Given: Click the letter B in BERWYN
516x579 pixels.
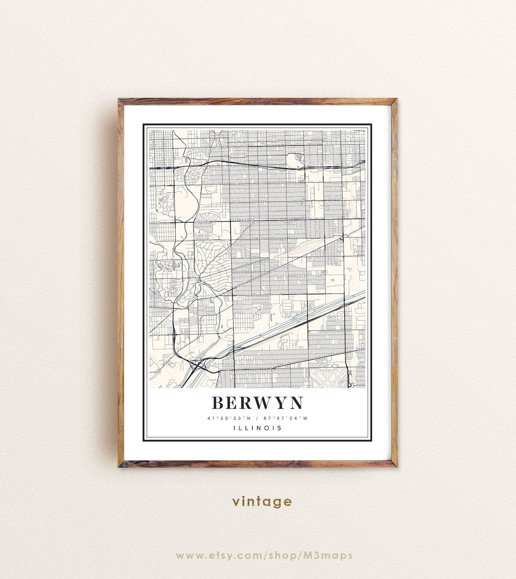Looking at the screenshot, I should [219, 403].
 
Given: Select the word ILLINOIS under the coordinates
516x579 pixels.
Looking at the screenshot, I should [258, 428].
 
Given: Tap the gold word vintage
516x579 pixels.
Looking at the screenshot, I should [262, 502].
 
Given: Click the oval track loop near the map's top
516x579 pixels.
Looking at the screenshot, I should [296, 160].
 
